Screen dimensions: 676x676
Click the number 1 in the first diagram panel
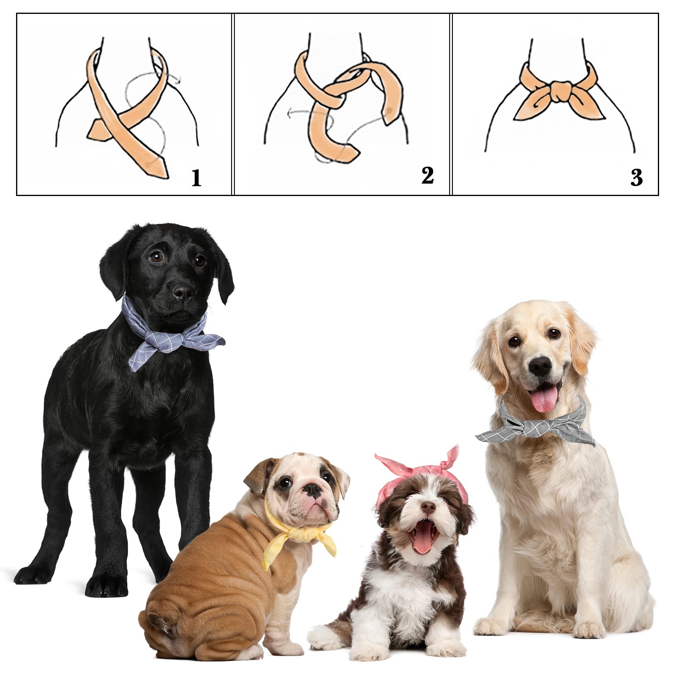196,178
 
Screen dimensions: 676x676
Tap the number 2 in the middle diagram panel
427,175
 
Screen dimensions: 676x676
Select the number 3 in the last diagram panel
636,177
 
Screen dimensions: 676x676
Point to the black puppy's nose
184,292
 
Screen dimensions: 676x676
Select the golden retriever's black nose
540,365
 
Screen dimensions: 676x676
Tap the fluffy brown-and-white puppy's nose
428,506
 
